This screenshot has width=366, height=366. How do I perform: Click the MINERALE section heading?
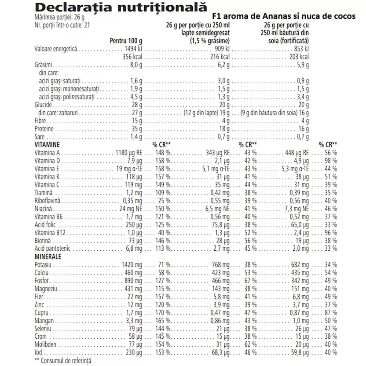(47, 256)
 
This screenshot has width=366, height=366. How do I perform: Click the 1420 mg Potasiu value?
(132, 264)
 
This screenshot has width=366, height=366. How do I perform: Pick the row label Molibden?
(45, 344)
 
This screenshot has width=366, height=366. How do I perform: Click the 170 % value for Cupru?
(162, 312)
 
